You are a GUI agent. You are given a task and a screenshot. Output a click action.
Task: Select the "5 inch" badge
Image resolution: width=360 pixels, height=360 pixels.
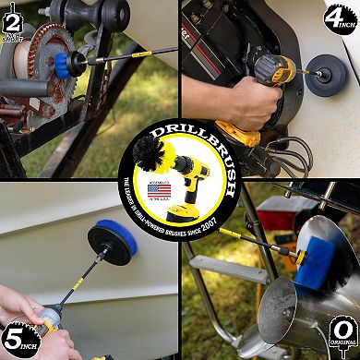[x=18, y=339]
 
